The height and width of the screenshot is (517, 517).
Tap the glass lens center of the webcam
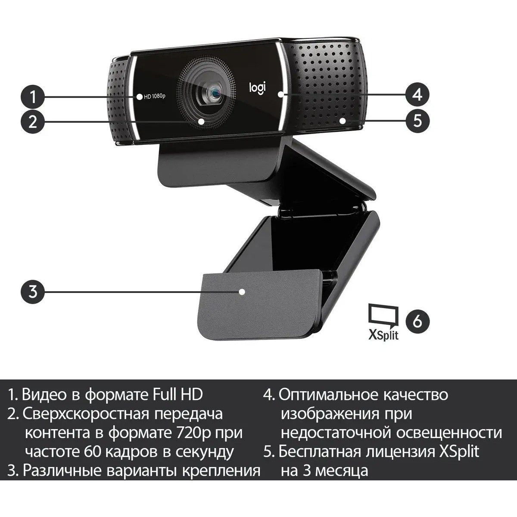pos(214,91)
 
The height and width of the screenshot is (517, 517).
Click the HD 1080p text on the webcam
pos(155,97)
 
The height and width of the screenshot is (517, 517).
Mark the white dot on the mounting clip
pos(242,292)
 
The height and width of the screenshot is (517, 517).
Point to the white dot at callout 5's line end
pos(343,121)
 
